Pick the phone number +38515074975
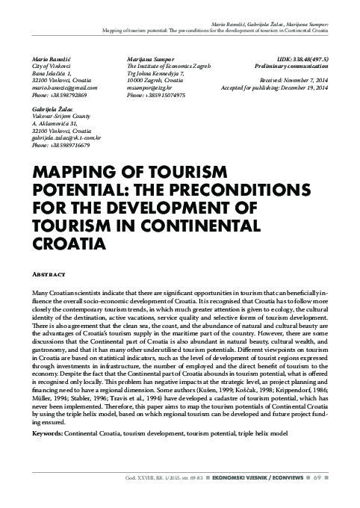pyautogui.click(x=166, y=96)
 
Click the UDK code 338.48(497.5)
pyautogui.click(x=311, y=58)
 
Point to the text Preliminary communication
pyautogui.click(x=299, y=66)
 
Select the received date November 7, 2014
pyautogui.click(x=308, y=81)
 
